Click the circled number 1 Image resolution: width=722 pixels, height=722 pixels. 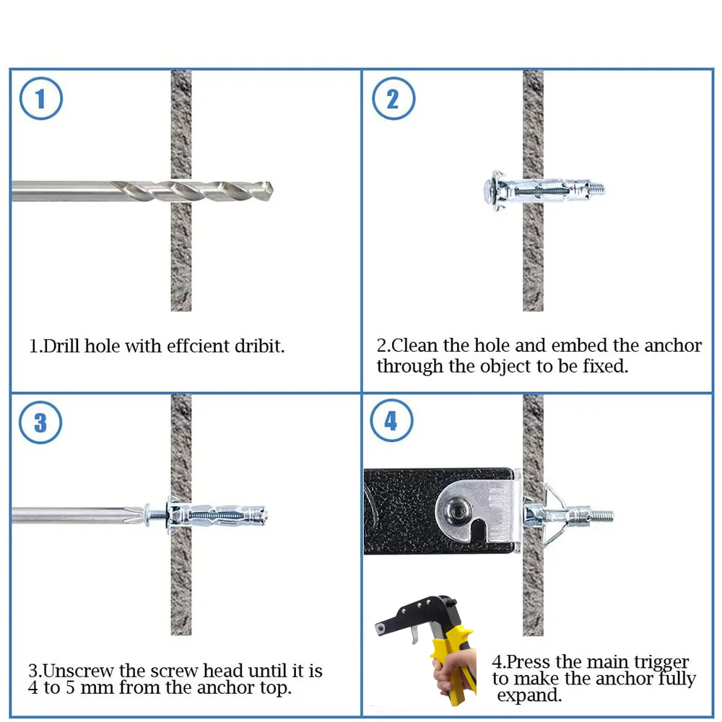(41, 98)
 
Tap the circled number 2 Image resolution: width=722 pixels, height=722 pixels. (393, 98)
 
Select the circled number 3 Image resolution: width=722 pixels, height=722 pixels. (40, 422)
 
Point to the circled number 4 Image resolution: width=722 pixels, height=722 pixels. (391, 420)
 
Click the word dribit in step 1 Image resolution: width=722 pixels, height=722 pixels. (260, 346)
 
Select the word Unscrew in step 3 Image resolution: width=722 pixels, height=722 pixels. (78, 671)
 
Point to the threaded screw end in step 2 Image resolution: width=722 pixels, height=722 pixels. (597, 188)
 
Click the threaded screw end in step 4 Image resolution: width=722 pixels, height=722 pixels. (603, 515)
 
